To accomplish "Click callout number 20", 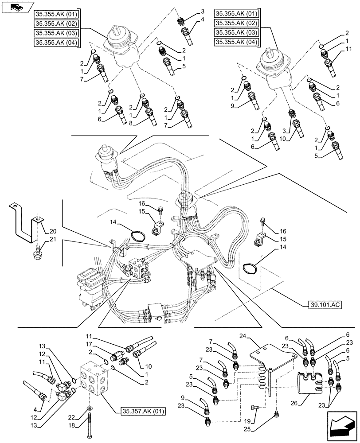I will pyautogui.click(x=53, y=231).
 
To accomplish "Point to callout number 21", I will pyautogui.click(x=53, y=240).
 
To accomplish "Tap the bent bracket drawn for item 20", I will pyautogui.click(x=24, y=224).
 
